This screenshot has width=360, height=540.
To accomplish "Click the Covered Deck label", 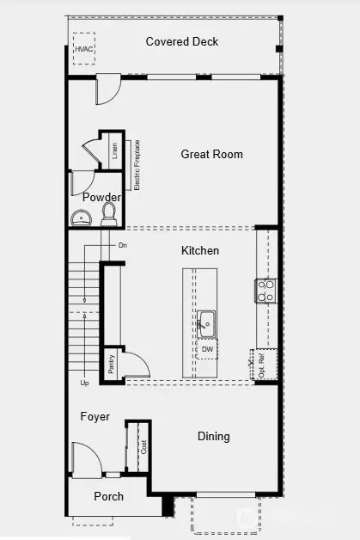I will coord(181,41).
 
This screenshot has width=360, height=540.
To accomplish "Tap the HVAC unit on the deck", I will coord(83,49).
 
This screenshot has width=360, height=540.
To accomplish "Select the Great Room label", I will coord(211,155).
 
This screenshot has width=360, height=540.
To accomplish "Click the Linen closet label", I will coord(115,150).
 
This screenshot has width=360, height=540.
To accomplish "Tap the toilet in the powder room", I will coord(109,214).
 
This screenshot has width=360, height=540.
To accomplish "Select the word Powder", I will coord(101,197).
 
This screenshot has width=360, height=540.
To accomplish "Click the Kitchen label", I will coord(199,251).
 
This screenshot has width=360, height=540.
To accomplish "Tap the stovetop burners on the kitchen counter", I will coord(265,291).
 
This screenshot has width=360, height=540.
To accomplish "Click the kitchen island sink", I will coord(206,324).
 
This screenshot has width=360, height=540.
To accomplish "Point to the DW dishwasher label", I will coord(207,350).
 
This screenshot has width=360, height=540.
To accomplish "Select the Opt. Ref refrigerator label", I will coord(261,365).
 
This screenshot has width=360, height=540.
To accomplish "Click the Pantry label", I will coord(112,364).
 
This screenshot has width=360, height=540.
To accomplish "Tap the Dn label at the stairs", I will coord(123,246).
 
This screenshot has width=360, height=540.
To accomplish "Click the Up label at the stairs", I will coord(84,383).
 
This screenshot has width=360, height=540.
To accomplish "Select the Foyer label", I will coord(95,417).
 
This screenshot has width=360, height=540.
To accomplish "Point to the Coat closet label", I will coord(143,447).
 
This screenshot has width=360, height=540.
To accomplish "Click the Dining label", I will coord(213,436).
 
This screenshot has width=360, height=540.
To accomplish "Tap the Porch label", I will coord(108,496).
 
